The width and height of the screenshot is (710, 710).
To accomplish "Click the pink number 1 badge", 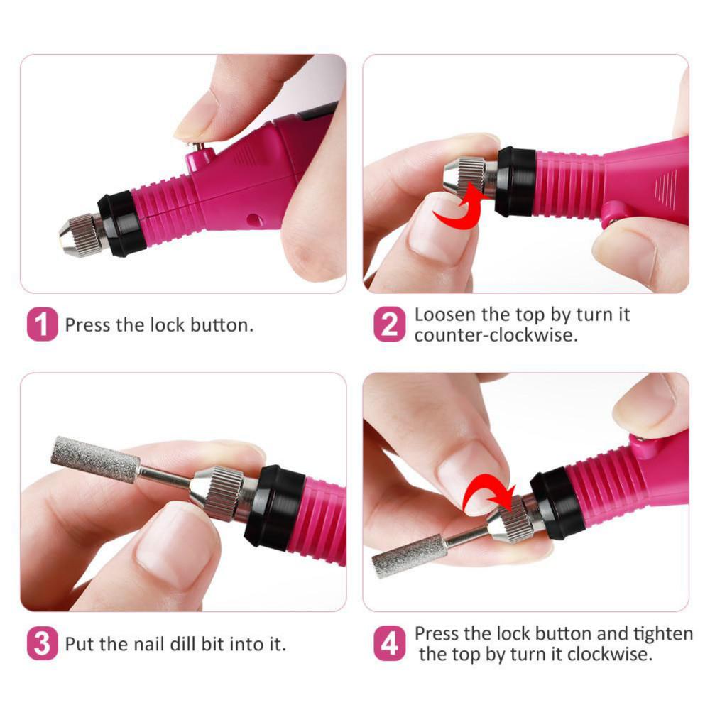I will pyautogui.click(x=43, y=325).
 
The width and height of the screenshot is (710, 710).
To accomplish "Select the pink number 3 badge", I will pyautogui.click(x=43, y=645).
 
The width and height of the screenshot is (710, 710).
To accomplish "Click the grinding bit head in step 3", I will pyautogui.click(x=95, y=460).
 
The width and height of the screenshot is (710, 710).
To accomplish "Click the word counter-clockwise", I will pyautogui.click(x=496, y=335).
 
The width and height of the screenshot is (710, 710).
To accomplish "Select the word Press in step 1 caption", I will pyautogui.click(x=87, y=325).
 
